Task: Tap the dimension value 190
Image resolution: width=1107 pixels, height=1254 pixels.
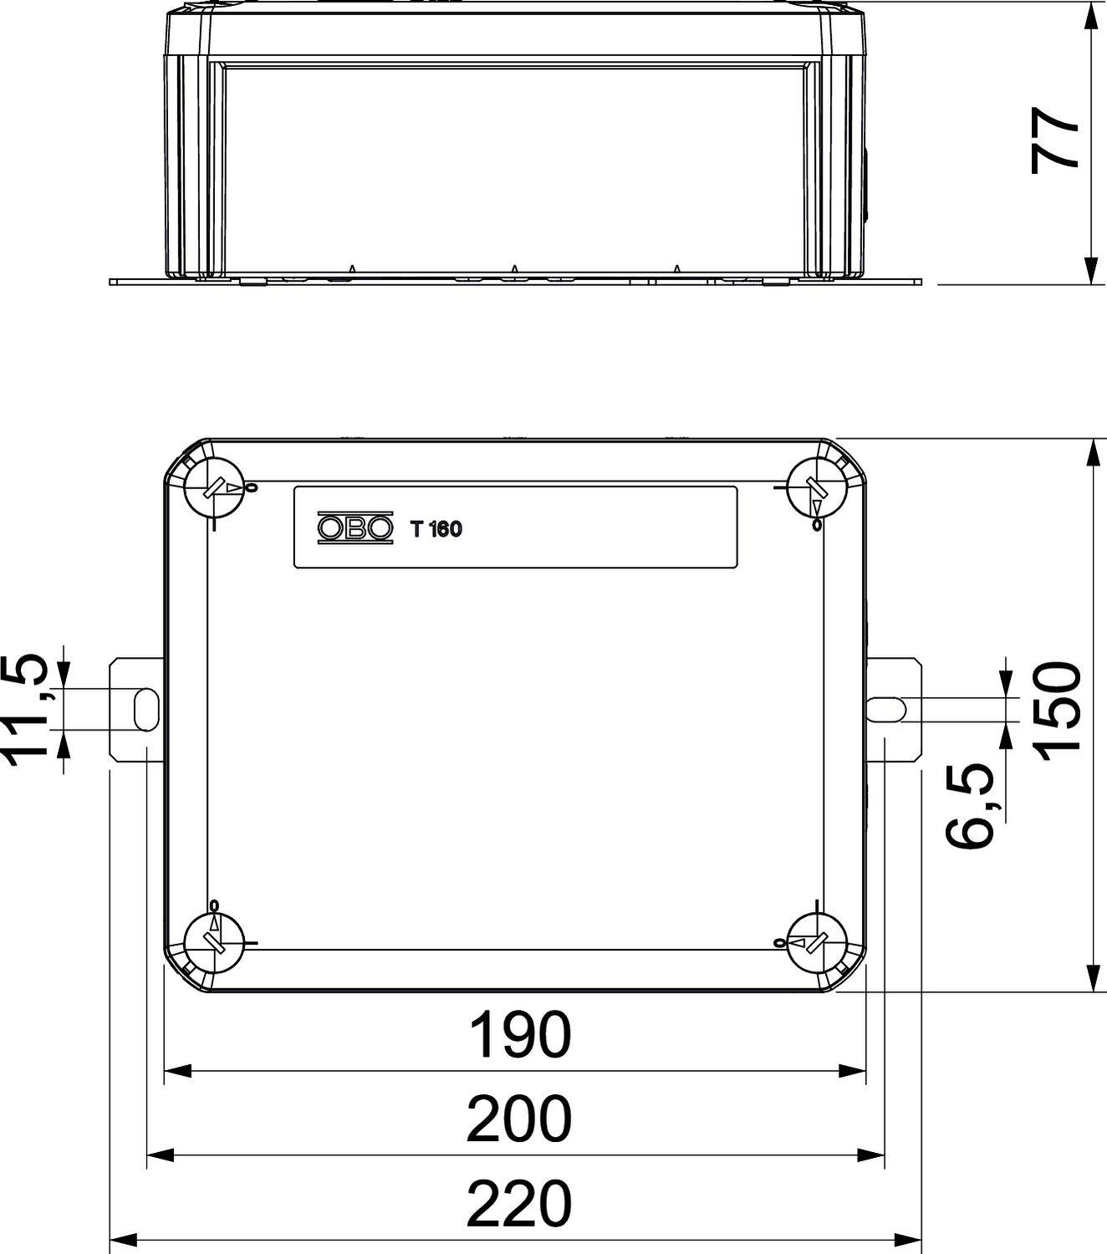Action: click(x=519, y=1035)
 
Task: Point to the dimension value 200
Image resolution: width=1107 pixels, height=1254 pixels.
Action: click(x=519, y=1120)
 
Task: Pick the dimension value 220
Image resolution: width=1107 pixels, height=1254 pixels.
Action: click(x=519, y=1205)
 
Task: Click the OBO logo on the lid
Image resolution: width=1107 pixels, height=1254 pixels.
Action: click(x=355, y=528)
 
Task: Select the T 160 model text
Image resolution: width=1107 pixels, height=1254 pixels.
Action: click(x=435, y=529)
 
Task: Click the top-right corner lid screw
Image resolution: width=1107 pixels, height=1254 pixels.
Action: click(x=817, y=487)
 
